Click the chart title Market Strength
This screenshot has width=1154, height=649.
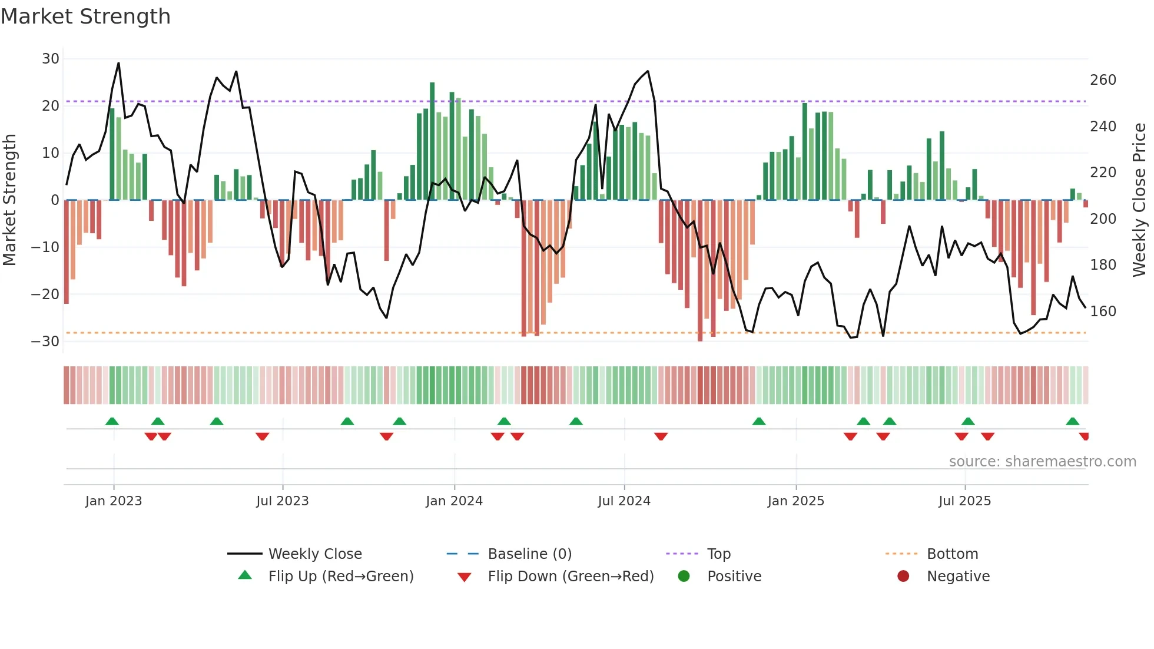[85, 16]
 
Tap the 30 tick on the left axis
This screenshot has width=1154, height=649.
[51, 59]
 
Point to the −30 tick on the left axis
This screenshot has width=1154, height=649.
[45, 342]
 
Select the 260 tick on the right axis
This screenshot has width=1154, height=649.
[1103, 80]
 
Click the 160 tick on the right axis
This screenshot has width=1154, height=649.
[1103, 312]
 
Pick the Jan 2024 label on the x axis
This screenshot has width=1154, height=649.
[454, 501]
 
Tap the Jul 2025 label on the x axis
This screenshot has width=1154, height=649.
[964, 501]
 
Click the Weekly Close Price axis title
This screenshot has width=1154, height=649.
[1139, 200]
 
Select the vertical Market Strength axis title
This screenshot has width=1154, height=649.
[9, 200]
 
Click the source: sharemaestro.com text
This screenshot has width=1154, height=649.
[1042, 462]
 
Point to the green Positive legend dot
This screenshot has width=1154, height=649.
[684, 576]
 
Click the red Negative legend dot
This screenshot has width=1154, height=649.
[903, 576]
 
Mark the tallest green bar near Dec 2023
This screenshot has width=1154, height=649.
[432, 141]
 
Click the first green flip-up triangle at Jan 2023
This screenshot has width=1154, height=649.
[112, 421]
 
